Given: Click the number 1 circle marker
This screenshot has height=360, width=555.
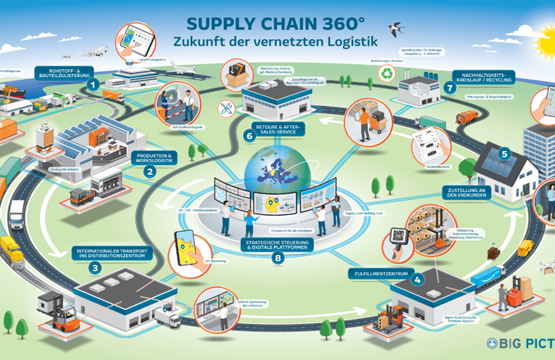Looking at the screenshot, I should (92, 85).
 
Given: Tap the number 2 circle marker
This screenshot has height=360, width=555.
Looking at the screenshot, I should (150, 171).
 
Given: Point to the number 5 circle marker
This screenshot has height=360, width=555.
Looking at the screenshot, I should (505, 154).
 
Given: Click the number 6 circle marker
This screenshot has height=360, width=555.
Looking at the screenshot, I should (249, 136).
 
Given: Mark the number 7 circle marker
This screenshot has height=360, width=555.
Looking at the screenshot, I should (450, 88).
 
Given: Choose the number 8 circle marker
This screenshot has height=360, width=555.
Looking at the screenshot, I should (278, 259).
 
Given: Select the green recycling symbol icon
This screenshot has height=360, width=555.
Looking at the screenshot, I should (387, 74).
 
